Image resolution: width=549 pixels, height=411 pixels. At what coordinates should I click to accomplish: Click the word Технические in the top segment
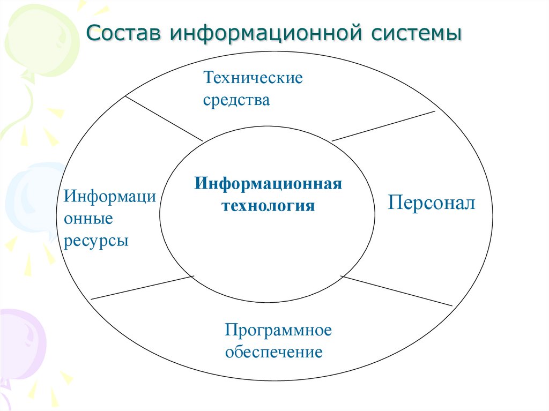coord(253,78)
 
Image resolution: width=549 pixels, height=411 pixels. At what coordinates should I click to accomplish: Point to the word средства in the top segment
coord(236,100)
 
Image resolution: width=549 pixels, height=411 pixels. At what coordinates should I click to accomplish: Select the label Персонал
coord(432,203)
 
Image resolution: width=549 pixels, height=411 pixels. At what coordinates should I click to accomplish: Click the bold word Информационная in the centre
coord(268,184)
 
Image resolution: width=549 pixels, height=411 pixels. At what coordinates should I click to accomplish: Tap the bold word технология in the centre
coord(268,205)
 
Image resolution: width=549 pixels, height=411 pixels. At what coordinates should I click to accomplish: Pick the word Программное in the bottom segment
coord(278,330)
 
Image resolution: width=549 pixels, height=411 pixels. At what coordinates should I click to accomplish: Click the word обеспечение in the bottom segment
coord(273,352)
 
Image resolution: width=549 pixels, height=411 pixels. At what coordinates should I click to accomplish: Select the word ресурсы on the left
coord(97,241)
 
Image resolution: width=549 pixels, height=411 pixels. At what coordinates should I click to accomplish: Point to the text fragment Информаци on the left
coord(110,197)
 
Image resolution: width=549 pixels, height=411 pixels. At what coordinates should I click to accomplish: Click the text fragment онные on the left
coord(88,219)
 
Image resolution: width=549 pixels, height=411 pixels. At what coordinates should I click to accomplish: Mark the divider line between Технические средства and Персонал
coord(383,126)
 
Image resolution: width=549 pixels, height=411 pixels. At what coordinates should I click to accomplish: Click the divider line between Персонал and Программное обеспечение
coord(397,291)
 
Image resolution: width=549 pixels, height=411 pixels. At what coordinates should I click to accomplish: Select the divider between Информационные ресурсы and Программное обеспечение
coord(142,287)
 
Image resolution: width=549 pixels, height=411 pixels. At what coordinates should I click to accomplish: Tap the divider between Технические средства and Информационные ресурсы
coord(164,118)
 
